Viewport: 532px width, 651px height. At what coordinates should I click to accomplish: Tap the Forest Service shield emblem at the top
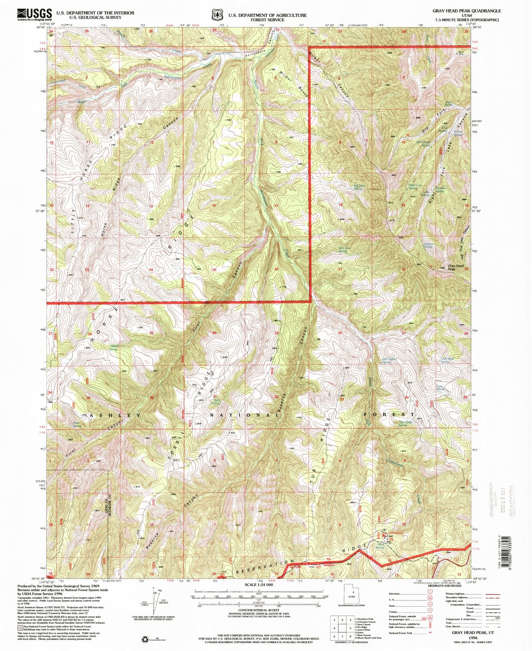216,15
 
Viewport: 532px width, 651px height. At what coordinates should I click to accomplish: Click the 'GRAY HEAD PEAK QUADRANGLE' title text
466,11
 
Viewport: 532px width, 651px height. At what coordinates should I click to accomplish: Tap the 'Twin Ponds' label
440,388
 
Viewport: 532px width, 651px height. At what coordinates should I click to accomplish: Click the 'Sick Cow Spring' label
345,249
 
